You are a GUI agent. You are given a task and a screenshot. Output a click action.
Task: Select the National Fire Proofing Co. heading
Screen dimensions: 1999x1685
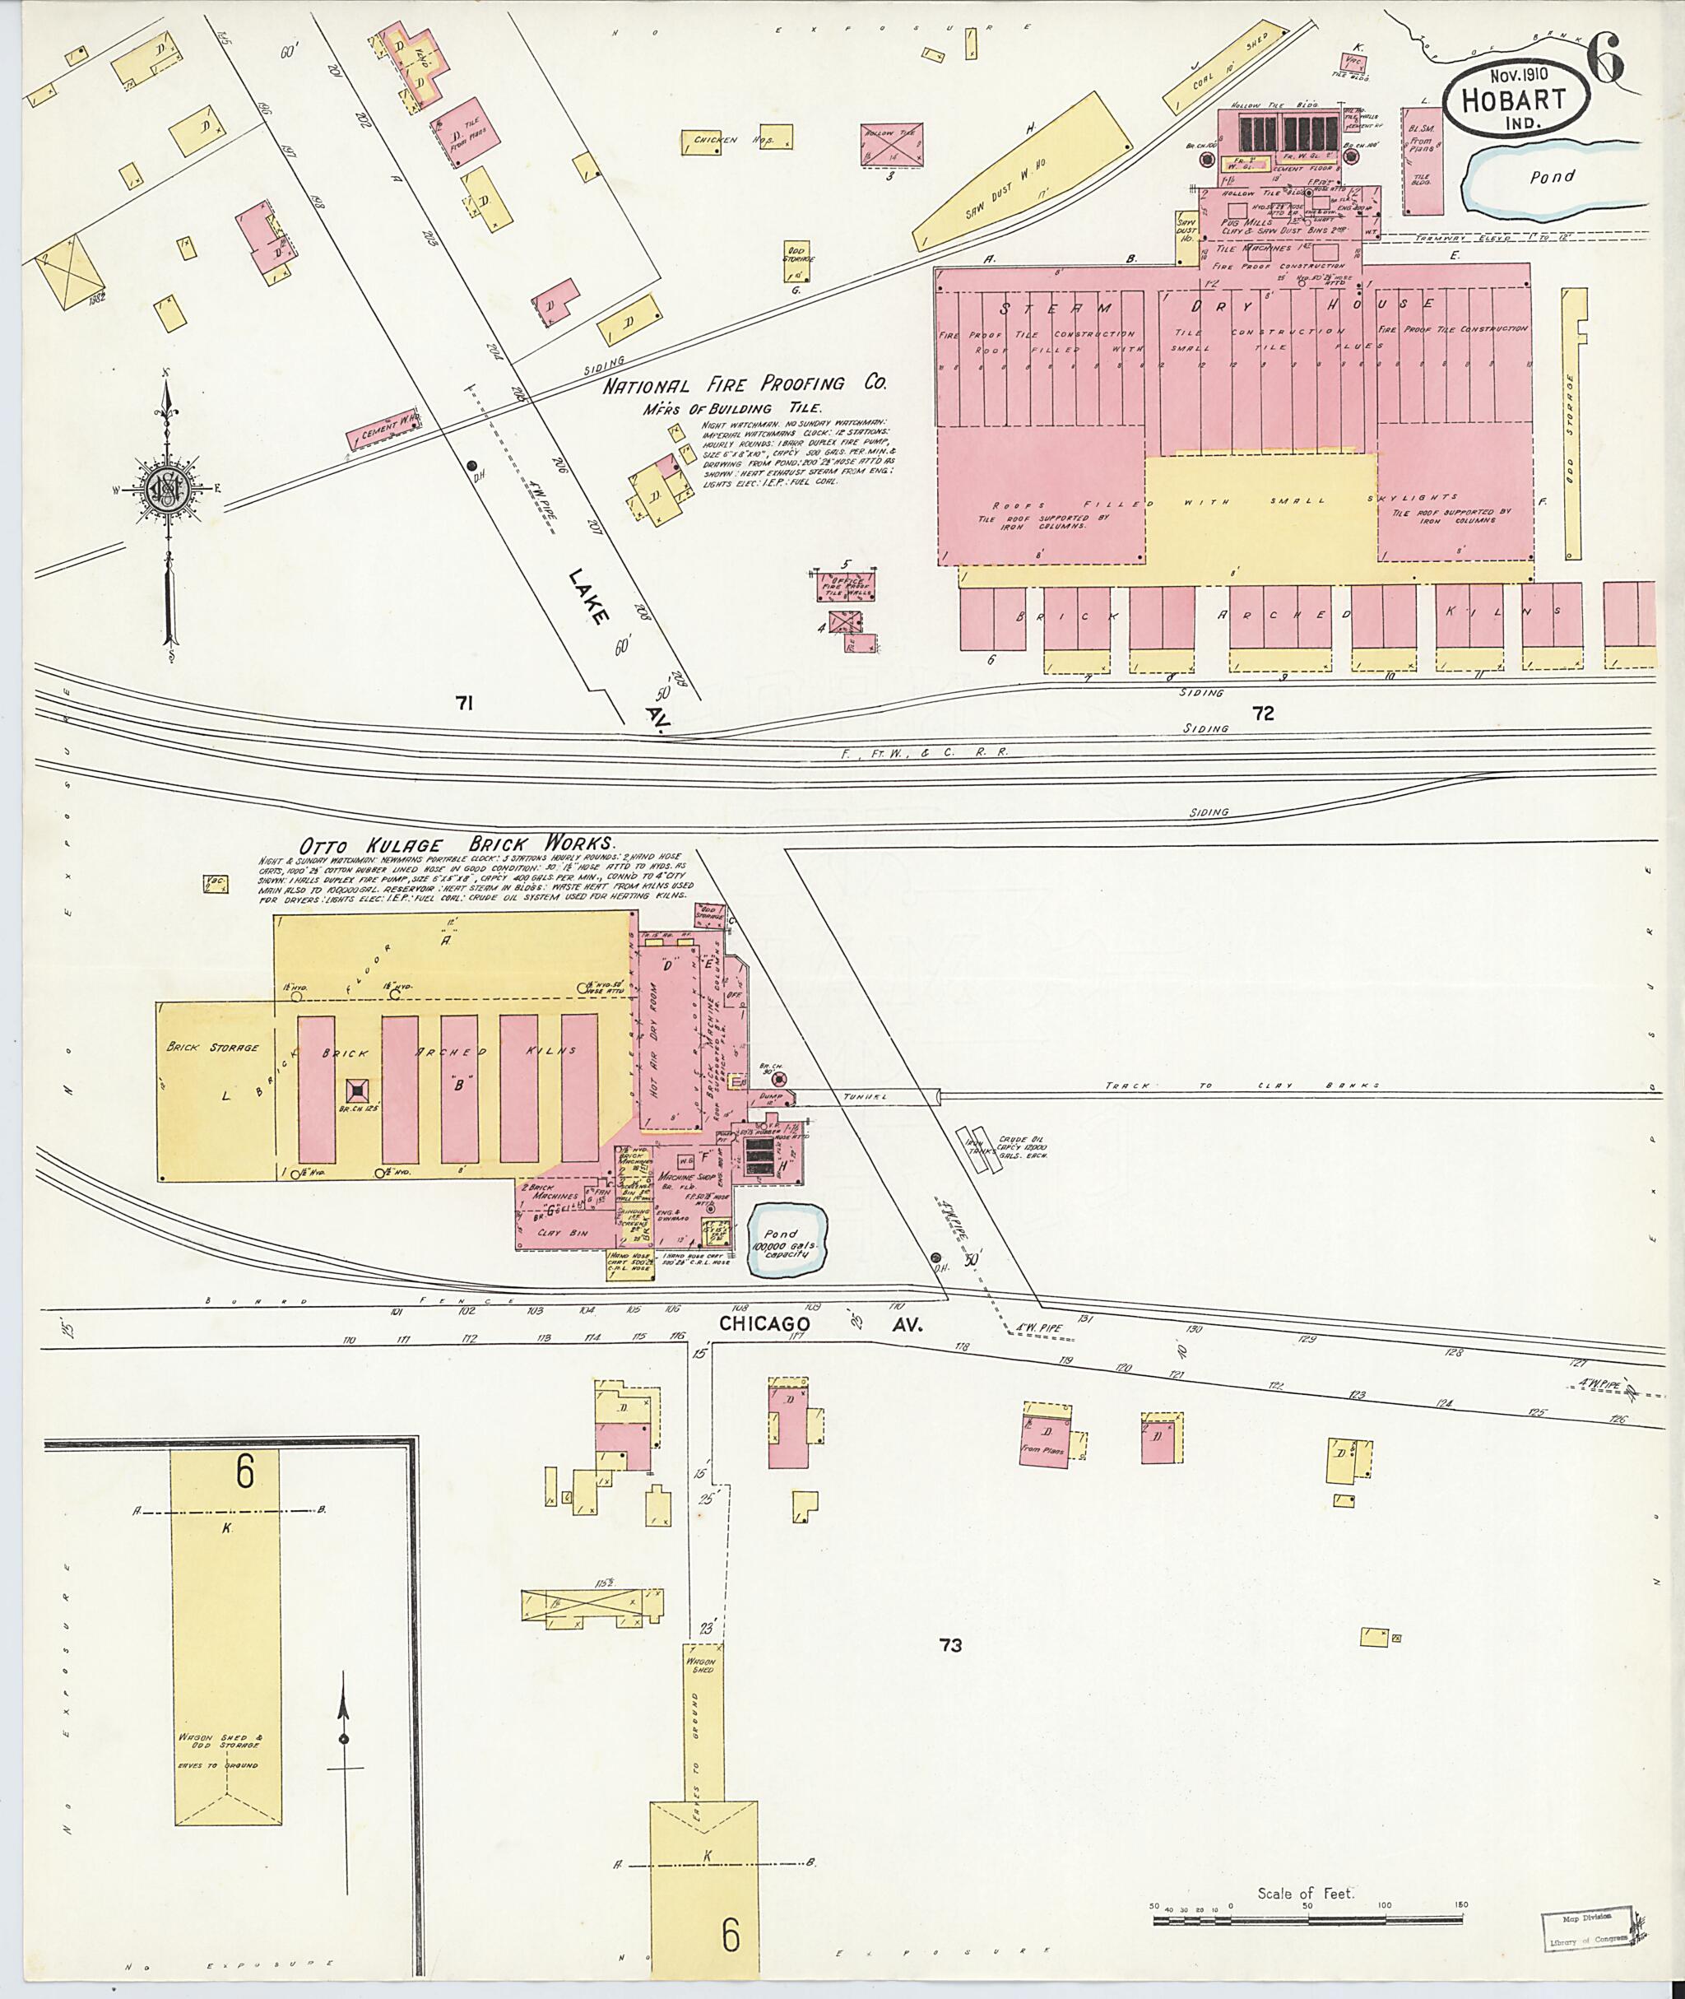coord(744,385)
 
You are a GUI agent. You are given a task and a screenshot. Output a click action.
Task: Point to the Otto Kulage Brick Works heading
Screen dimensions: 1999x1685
coord(457,844)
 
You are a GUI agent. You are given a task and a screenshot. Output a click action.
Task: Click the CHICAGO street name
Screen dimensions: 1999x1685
coord(764,1323)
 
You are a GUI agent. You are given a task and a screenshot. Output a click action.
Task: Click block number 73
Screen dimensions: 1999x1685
coord(949,1644)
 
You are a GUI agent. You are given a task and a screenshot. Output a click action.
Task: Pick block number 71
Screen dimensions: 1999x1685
coord(464,704)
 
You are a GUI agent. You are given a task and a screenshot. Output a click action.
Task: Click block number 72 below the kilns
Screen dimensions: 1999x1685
coord(1263,713)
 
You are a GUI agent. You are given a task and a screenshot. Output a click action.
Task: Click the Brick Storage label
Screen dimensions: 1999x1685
coord(212,1048)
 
